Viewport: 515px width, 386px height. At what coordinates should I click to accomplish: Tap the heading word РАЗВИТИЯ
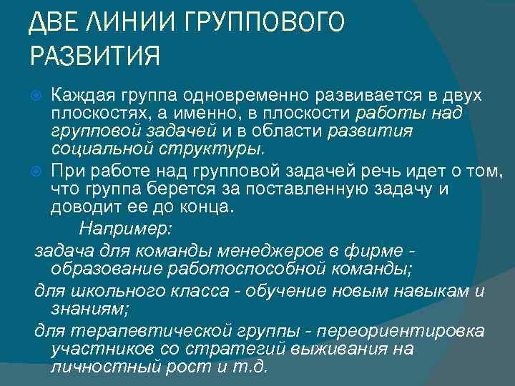coord(94,55)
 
